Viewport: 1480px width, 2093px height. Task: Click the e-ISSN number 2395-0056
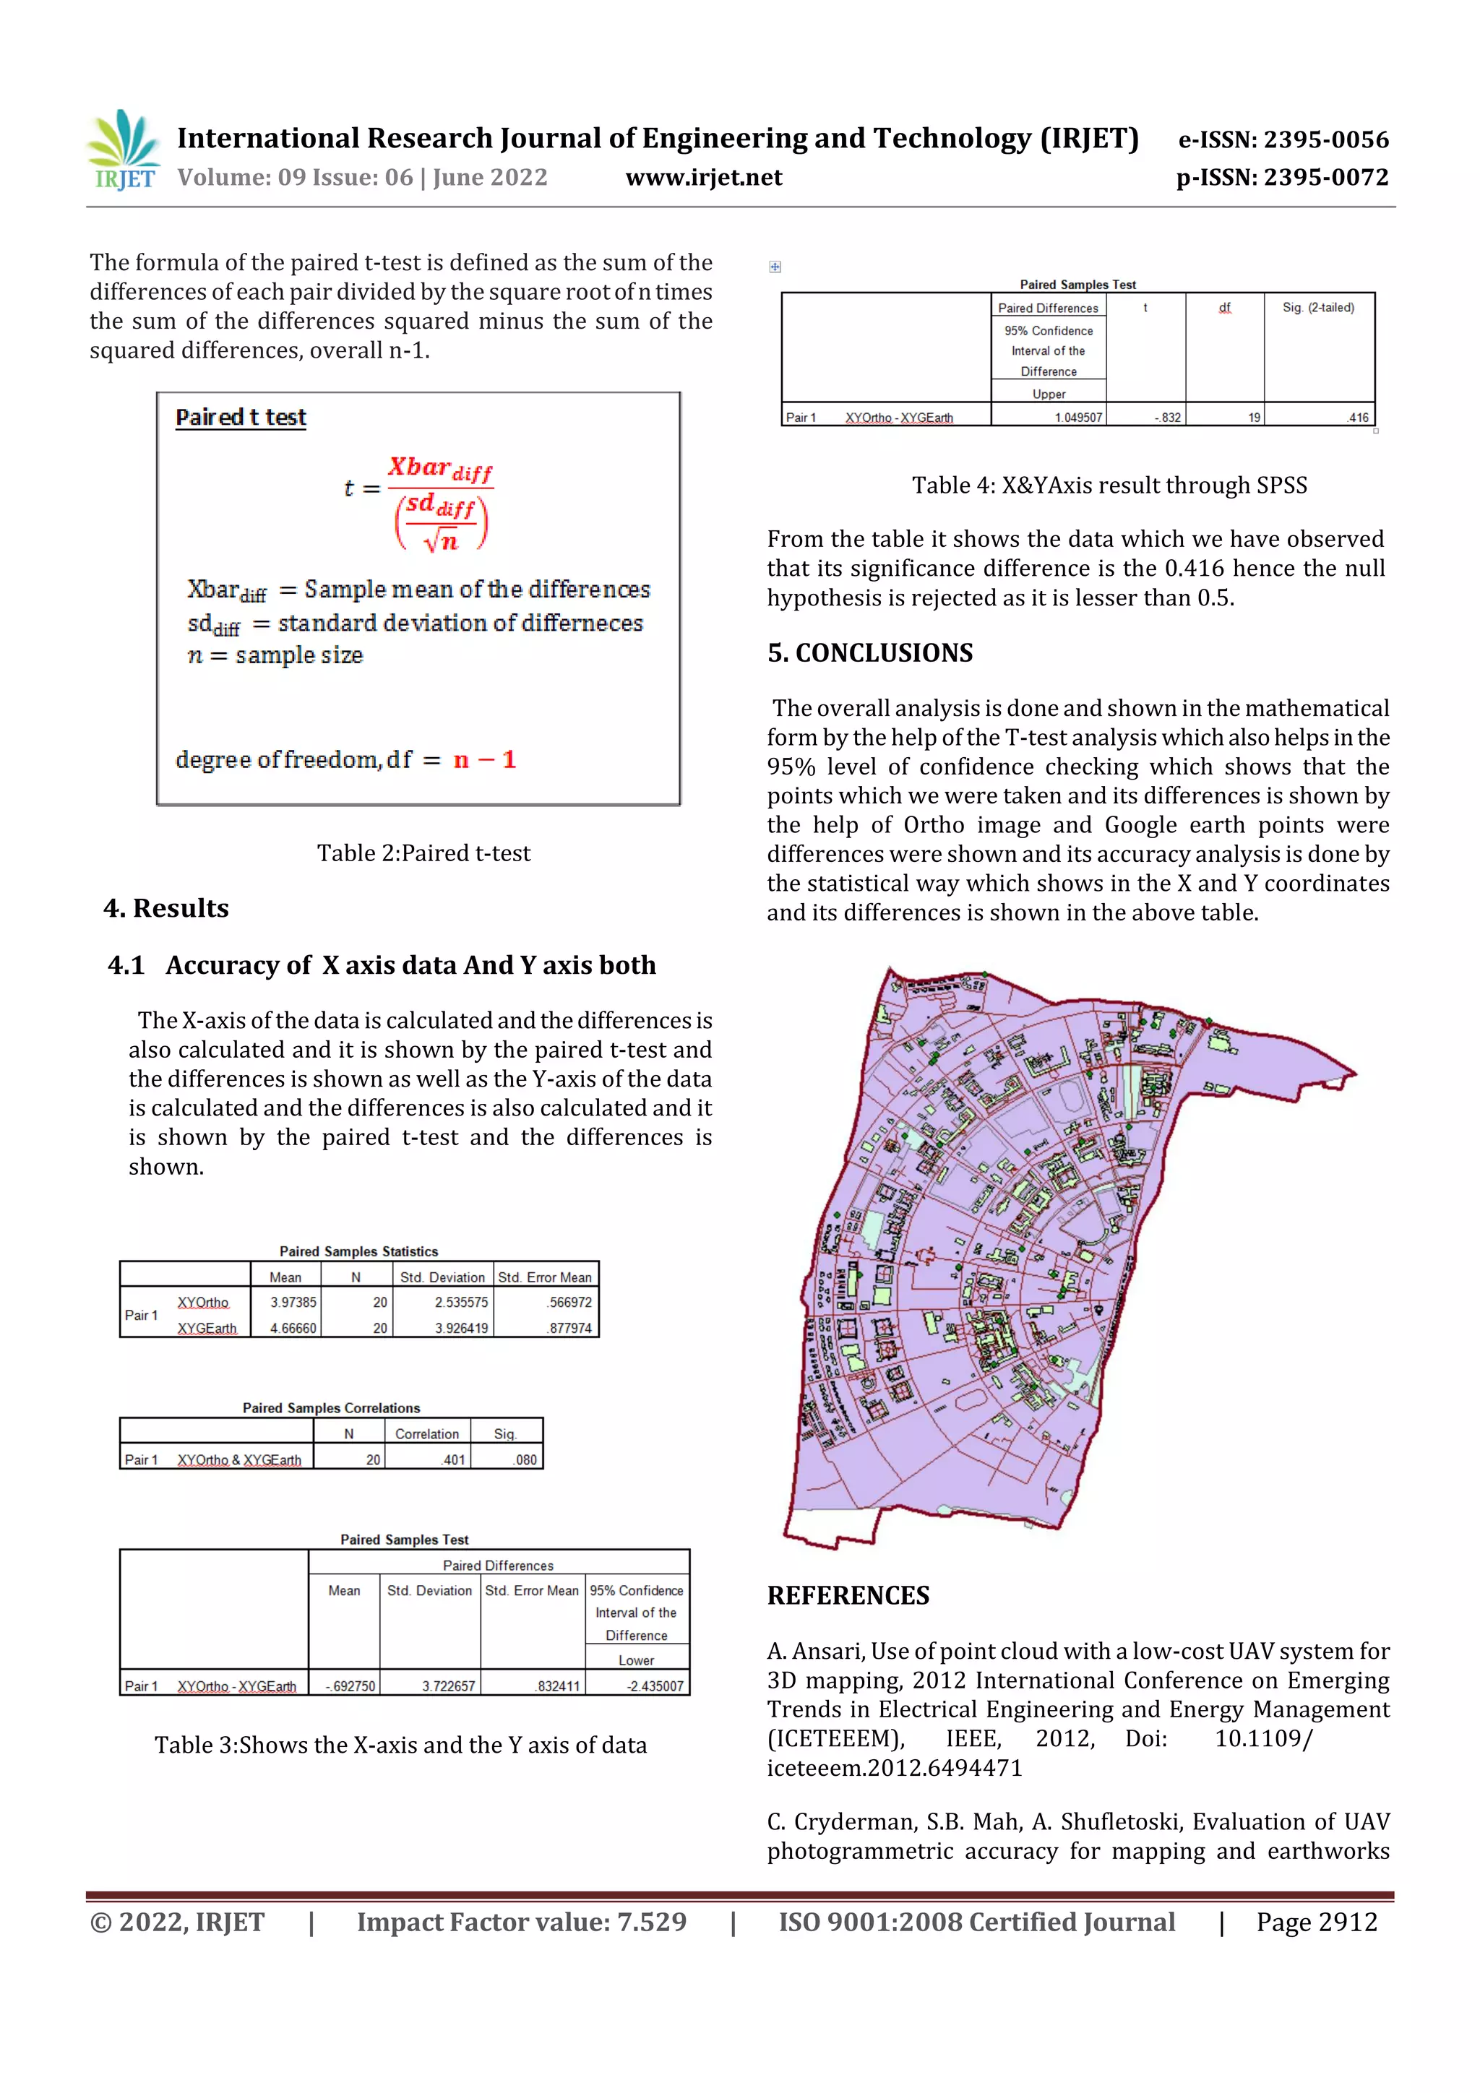(x=1326, y=139)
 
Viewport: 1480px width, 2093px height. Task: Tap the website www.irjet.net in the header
(x=703, y=178)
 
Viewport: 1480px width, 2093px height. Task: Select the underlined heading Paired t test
(x=241, y=418)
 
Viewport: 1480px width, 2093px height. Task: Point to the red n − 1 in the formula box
(x=484, y=759)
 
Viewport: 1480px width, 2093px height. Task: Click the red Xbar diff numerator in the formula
(x=439, y=469)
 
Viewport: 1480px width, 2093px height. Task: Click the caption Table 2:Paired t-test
(x=423, y=853)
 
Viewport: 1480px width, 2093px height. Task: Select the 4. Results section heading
(x=166, y=908)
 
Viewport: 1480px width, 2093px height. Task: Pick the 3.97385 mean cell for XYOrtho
(x=293, y=1302)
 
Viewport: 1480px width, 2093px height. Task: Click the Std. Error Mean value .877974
(x=570, y=1328)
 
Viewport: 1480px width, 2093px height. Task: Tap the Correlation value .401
(x=453, y=1459)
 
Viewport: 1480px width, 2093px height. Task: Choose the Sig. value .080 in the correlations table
(x=525, y=1459)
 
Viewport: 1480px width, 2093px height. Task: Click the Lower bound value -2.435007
(x=654, y=1686)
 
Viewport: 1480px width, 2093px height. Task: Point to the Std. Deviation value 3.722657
(x=448, y=1686)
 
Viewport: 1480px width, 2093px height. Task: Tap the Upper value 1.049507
(x=1078, y=418)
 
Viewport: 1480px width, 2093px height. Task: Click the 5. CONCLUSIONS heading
(x=870, y=652)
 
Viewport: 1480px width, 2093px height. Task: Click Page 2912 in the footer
(x=1316, y=1922)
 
